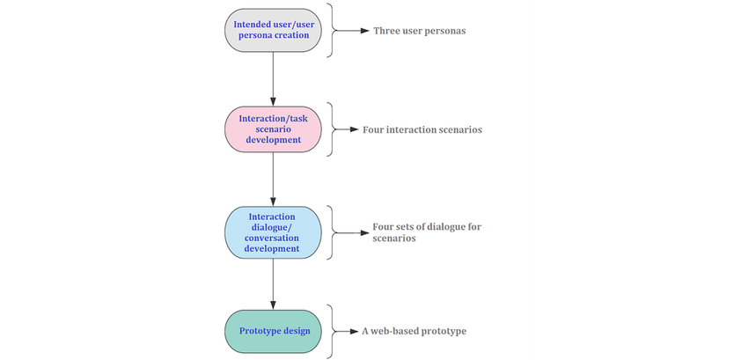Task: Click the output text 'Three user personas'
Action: coord(418,30)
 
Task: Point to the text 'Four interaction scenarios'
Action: coord(422,129)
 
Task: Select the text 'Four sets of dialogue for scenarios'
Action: coord(422,232)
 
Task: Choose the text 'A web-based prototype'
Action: coord(414,332)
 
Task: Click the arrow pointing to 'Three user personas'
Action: coord(352,30)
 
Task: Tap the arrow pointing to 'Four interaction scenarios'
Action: coord(347,129)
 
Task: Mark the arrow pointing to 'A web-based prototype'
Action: coord(347,332)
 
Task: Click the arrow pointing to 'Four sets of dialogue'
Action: coord(347,232)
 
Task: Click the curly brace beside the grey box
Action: coord(331,30)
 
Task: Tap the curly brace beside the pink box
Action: coord(331,129)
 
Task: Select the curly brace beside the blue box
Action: coord(331,232)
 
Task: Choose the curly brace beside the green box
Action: coord(331,332)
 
